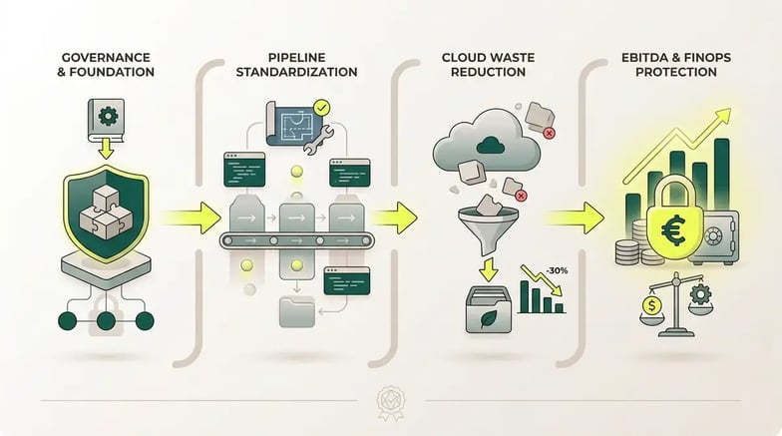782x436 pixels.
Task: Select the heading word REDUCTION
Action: [x=490, y=72]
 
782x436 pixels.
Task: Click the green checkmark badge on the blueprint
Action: [x=321, y=105]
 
